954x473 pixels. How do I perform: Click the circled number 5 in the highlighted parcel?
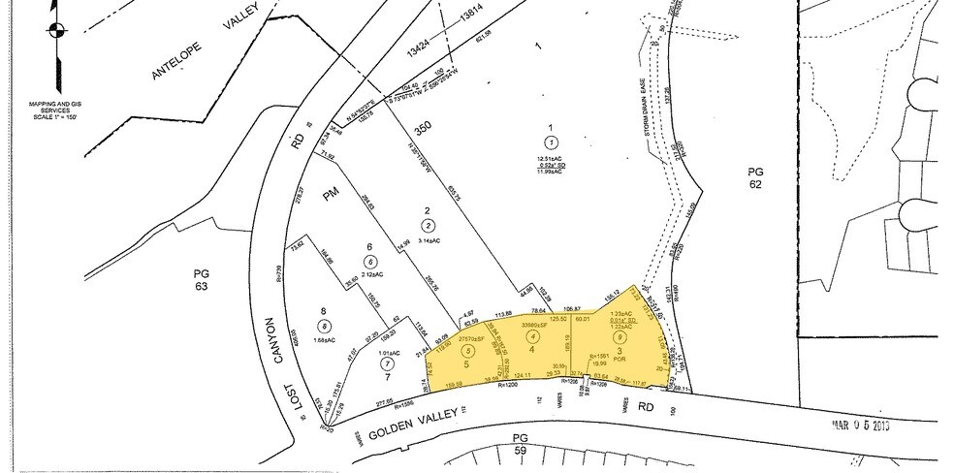pos(468,351)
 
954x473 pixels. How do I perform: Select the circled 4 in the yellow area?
pos(531,336)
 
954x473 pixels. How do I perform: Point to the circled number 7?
pos(387,363)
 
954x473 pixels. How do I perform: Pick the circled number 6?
pos(369,262)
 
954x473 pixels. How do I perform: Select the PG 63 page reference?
pos(202,280)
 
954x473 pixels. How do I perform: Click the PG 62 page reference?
pos(755,178)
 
